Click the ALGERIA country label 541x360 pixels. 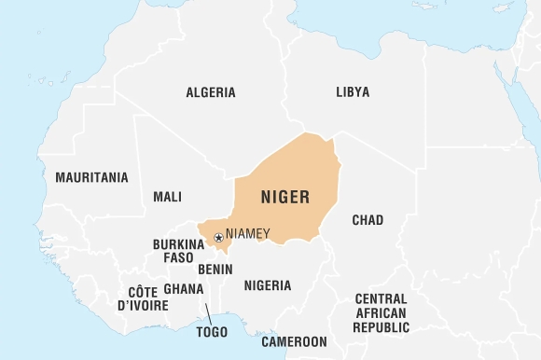tap(211, 92)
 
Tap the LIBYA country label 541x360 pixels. tap(353, 92)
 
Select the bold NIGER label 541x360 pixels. tap(284, 198)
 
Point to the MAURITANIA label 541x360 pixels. tap(91, 177)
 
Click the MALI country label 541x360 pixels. tap(167, 197)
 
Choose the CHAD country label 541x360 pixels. tap(368, 220)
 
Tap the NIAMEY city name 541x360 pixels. tap(248, 234)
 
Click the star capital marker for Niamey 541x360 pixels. tap(218, 238)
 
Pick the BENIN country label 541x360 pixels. tap(215, 269)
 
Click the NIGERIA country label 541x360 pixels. tap(268, 285)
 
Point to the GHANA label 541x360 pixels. tap(183, 289)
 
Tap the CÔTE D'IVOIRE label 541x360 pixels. tap(143, 298)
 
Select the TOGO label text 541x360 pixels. tap(212, 331)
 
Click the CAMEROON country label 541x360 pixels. tap(294, 341)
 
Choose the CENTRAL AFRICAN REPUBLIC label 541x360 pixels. tap(381, 312)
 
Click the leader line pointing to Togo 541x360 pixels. tap(206, 312)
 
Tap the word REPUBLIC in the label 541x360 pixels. tap(381, 327)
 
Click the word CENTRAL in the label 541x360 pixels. tap(381, 298)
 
